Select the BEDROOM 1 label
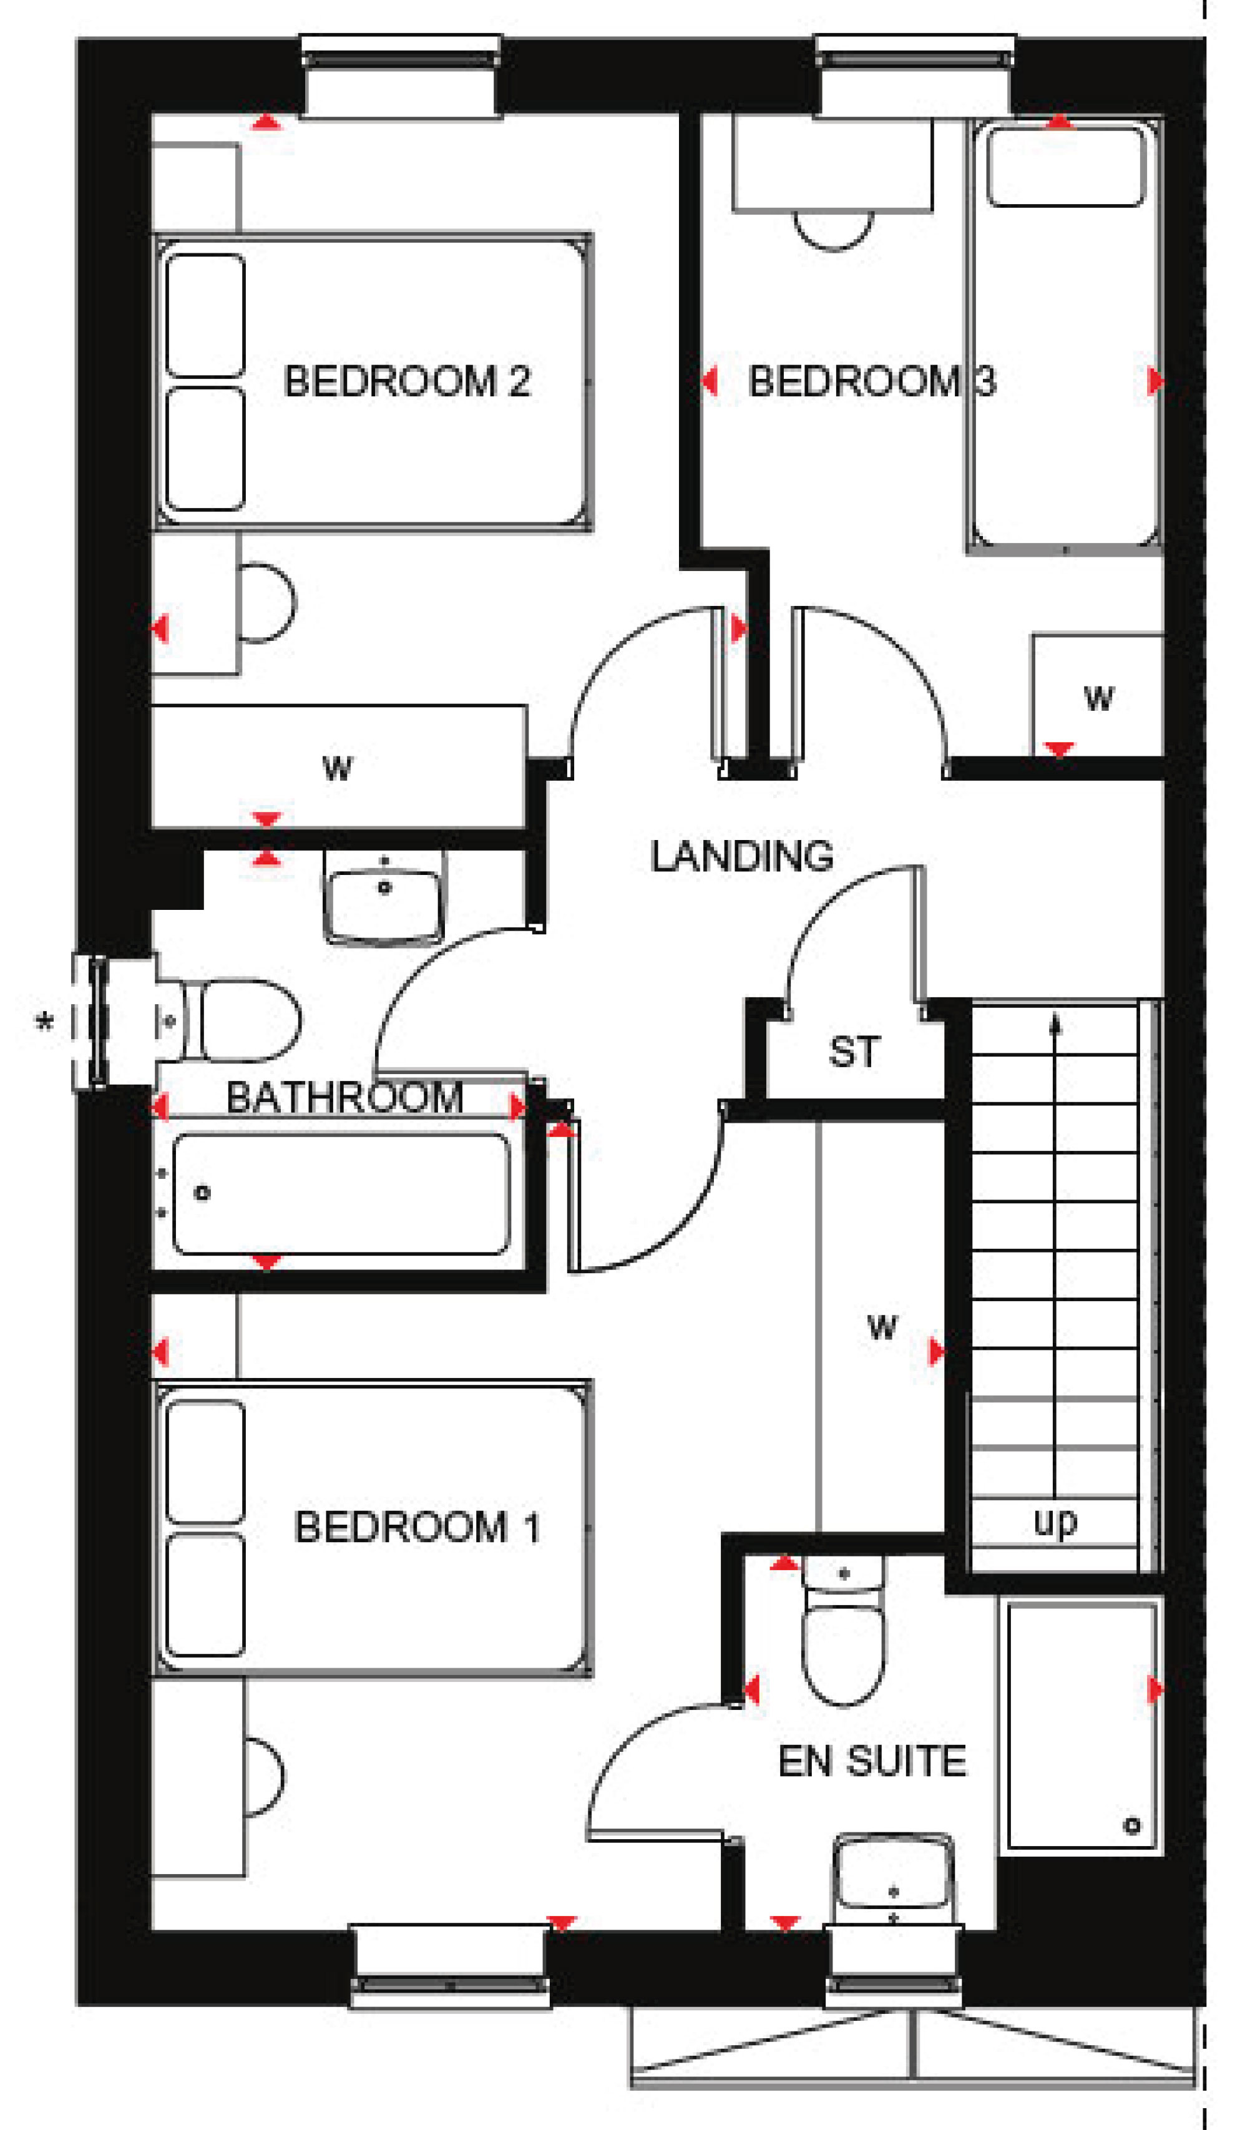tap(417, 1527)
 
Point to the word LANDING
tap(742, 856)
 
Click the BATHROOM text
tap(345, 1097)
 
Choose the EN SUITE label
tap(872, 1761)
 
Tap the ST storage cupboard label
tap(854, 1052)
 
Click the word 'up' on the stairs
tap(1056, 1522)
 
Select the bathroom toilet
tap(228, 1020)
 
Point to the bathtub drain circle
tap(202, 1193)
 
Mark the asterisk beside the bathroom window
tap(44, 1023)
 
